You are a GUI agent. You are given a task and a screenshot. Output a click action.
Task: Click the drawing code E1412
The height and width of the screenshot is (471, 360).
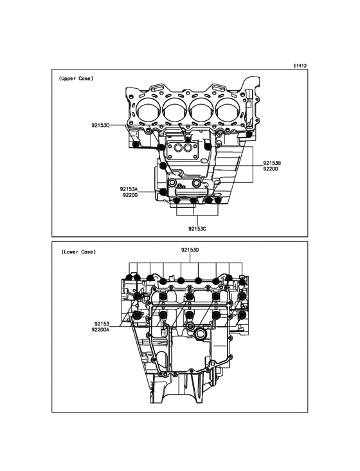coord(300,66)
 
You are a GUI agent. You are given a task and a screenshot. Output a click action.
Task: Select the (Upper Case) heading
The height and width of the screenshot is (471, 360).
coord(76,78)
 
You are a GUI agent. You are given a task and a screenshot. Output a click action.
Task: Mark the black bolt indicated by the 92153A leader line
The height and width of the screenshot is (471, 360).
coord(163,192)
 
